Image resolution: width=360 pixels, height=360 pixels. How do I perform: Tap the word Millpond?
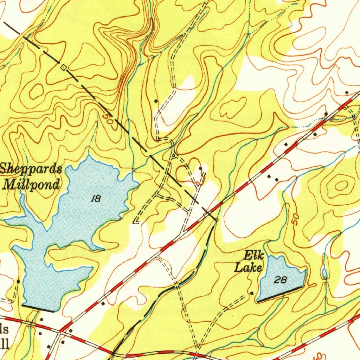tap(32, 184)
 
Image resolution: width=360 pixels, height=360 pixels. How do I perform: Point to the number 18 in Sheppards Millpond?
tap(96, 199)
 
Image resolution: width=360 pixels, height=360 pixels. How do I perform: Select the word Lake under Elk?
tap(248, 268)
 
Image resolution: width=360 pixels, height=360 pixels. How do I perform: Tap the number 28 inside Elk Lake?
tap(281, 280)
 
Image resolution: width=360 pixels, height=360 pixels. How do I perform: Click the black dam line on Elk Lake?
tap(280, 294)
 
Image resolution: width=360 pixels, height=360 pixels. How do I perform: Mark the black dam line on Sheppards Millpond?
tap(38, 308)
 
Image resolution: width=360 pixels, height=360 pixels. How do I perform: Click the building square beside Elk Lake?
tap(252, 293)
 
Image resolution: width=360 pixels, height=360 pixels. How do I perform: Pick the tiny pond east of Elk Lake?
tap(324, 273)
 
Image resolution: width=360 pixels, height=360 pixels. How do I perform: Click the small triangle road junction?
tap(174, 155)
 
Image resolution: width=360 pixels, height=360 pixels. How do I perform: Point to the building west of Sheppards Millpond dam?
tap(18, 282)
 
